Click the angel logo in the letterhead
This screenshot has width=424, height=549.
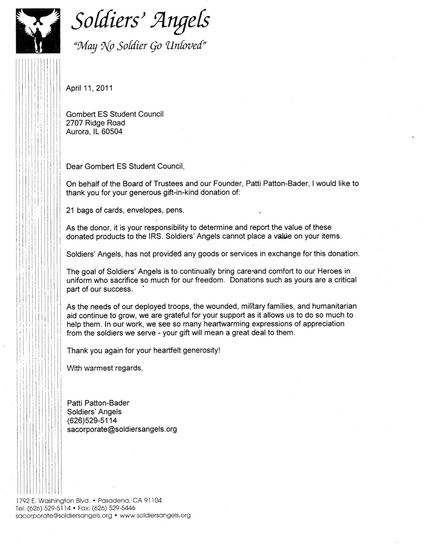pyautogui.click(x=38, y=31)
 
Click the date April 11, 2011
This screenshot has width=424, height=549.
pyautogui.click(x=89, y=88)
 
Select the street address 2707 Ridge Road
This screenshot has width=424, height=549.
pyautogui.click(x=95, y=123)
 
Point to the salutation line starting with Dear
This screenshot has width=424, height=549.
pyautogui.click(x=126, y=166)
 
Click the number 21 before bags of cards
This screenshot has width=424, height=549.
pyautogui.click(x=70, y=210)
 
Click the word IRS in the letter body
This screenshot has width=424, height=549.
pyautogui.click(x=156, y=236)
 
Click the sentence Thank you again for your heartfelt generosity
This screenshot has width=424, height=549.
pyautogui.click(x=143, y=351)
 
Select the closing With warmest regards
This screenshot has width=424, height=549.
pyautogui.click(x=105, y=368)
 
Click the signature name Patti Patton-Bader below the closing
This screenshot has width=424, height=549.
pyautogui.click(x=98, y=403)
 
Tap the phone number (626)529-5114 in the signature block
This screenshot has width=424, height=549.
pyautogui.click(x=92, y=420)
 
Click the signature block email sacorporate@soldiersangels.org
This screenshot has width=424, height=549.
pyautogui.click(x=122, y=429)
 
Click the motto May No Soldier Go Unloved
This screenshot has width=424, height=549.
pyautogui.click(x=138, y=45)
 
